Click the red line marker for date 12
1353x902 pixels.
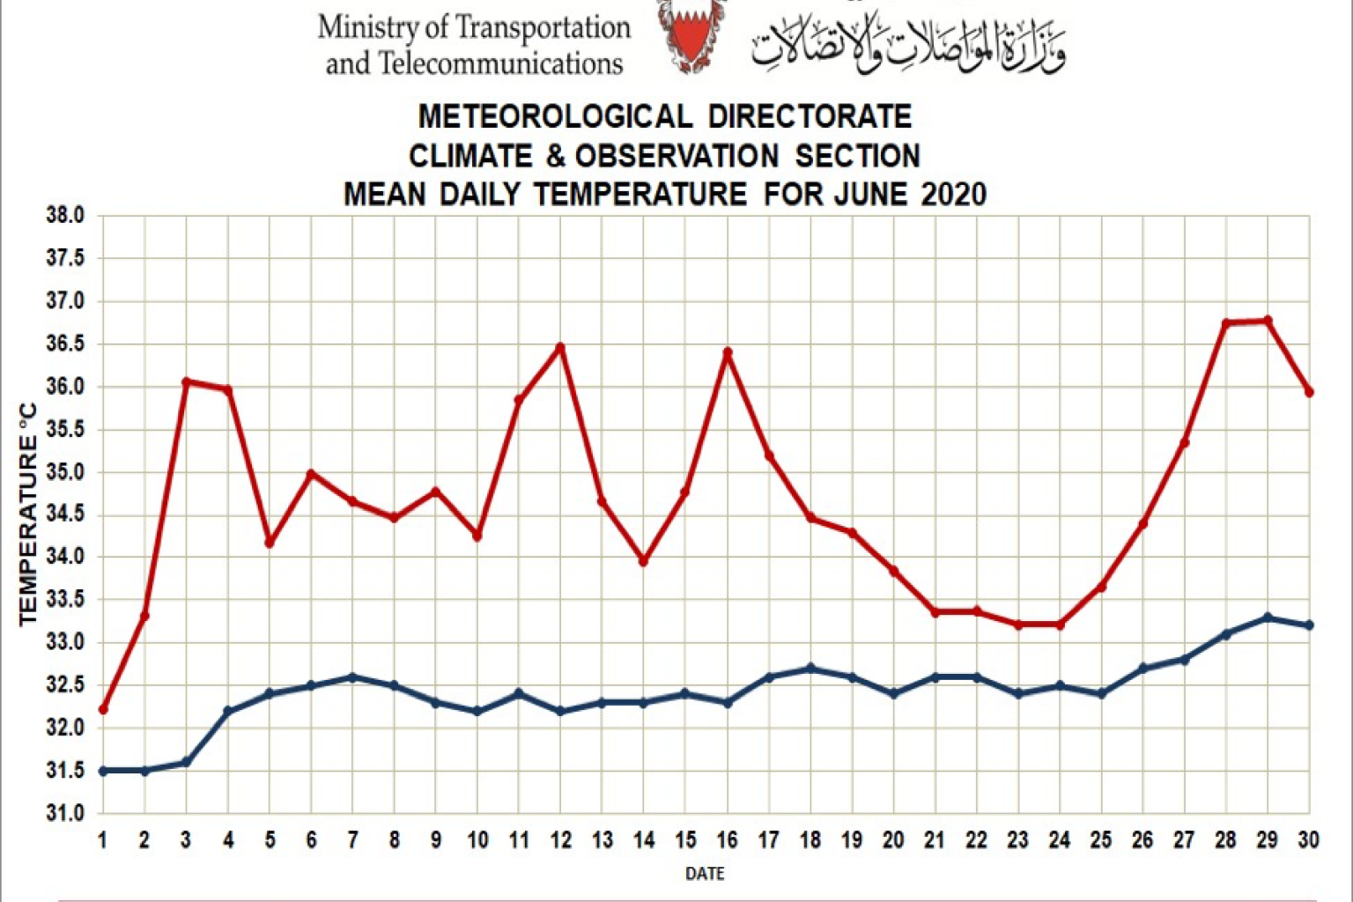click(x=560, y=347)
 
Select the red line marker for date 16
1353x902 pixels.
click(x=728, y=352)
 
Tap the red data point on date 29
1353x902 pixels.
click(x=1268, y=321)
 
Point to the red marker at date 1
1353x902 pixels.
click(x=103, y=709)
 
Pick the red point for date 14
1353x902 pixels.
click(x=644, y=560)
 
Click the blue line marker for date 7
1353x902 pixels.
click(x=352, y=677)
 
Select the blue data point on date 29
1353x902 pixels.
click(x=1268, y=617)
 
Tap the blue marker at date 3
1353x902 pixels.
click(x=186, y=762)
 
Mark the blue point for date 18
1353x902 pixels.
click(x=810, y=669)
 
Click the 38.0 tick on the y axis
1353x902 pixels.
click(x=65, y=216)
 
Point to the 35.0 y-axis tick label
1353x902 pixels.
click(x=65, y=472)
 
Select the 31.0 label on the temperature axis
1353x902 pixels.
click(x=65, y=813)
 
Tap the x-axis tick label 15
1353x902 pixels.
click(x=685, y=840)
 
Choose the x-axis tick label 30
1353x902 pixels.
click(x=1308, y=840)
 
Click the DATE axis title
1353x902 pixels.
click(x=705, y=874)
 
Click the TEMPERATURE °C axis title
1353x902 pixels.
click(x=28, y=514)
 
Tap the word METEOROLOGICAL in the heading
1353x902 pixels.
click(x=555, y=116)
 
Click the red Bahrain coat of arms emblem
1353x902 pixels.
click(x=691, y=35)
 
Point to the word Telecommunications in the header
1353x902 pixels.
click(x=500, y=63)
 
